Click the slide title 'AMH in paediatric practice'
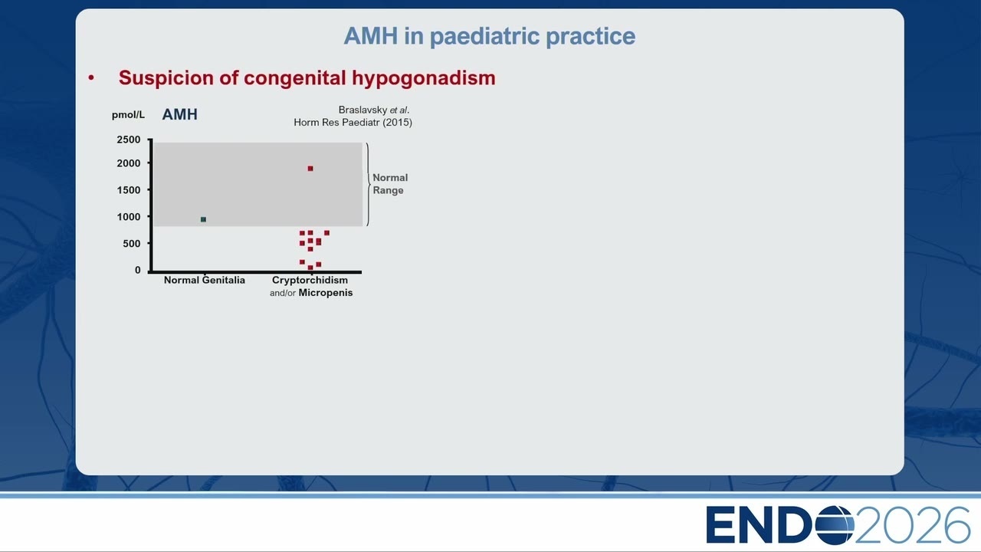489,36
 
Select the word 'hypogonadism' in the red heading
424,78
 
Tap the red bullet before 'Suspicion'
91,78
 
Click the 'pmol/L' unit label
128,115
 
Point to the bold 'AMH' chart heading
179,114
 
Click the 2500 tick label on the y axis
128,140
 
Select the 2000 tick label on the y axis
128,163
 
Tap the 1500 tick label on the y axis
128,190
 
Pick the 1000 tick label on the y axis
128,217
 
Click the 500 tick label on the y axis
131,244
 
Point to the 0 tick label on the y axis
137,271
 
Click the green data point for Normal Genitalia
203,219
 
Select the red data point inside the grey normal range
310,169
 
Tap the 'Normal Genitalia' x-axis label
205,281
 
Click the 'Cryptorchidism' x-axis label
310,281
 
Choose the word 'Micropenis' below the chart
326,293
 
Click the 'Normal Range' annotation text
390,184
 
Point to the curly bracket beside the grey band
369,184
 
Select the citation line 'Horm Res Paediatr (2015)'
353,122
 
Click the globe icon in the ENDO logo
835,525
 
